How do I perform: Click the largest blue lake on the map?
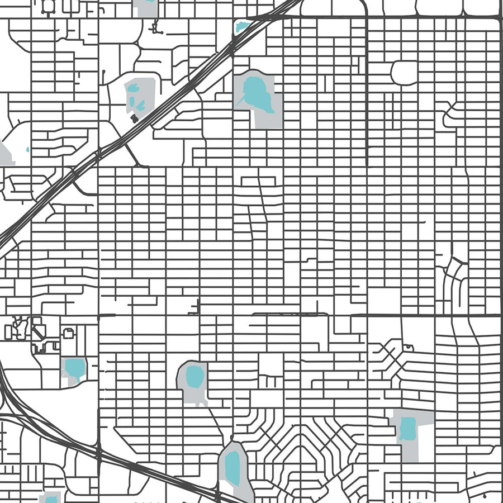pyautogui.click(x=256, y=92)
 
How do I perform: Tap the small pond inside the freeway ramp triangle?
pyautogui.click(x=242, y=26)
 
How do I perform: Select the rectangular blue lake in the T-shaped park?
pyautogui.click(x=407, y=429)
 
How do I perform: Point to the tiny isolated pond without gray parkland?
pyautogui.click(x=27, y=149)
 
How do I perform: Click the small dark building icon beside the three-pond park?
pyautogui.click(x=134, y=118)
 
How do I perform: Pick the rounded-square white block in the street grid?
pyautogui.click(x=404, y=73)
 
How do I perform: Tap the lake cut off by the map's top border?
pyautogui.click(x=145, y=2)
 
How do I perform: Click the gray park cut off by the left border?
pyautogui.click(x=5, y=154)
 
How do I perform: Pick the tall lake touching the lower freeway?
pyautogui.click(x=232, y=467)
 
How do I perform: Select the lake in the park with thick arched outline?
pyautogui.click(x=194, y=376)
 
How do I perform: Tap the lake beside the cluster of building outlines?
pyautogui.click(x=74, y=368)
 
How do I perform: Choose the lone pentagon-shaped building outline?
pyautogui.click(x=68, y=334)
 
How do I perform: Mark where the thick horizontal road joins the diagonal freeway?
pyautogui.click(x=254, y=18)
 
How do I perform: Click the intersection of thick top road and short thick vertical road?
pyautogui.click(x=366, y=18)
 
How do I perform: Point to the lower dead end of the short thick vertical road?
pyautogui.click(x=366, y=165)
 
